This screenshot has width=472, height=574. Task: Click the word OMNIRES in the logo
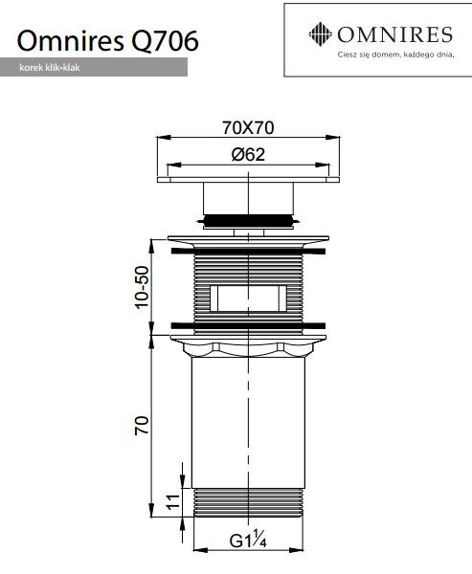[393, 36]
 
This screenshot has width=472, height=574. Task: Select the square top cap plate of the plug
[248, 179]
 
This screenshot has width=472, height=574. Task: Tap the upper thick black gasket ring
[248, 251]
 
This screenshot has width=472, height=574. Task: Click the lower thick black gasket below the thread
[248, 321]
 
